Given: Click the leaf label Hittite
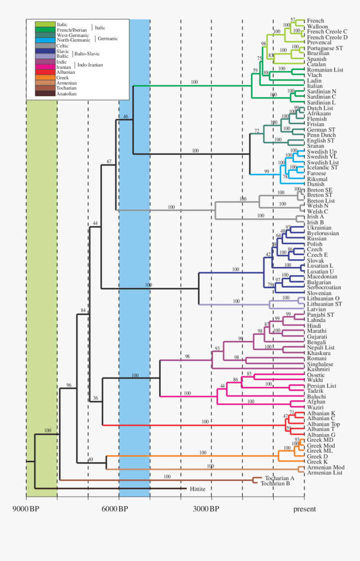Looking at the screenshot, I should click(x=198, y=489).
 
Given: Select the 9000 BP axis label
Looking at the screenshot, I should click(x=25, y=509).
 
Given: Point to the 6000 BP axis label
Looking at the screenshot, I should click(x=116, y=509).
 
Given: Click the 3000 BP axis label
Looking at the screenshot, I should click(x=206, y=509).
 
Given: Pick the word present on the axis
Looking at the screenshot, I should click(x=304, y=509).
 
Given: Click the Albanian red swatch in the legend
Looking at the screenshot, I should click(x=45, y=72).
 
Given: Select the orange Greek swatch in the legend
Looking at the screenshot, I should click(x=45, y=78).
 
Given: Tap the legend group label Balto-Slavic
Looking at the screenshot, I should click(x=87, y=54).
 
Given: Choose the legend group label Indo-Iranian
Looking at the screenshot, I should click(x=90, y=65).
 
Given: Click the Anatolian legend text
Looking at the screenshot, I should click(x=67, y=94).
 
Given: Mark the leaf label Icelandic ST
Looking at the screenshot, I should click(x=321, y=168).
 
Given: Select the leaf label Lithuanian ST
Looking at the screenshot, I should click(x=324, y=304).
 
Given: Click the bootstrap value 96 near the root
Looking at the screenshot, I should click(x=69, y=385).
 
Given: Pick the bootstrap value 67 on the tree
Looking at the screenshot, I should click(x=109, y=161).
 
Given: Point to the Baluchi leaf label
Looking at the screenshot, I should click(x=316, y=396).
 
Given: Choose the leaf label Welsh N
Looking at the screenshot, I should click(x=317, y=206).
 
